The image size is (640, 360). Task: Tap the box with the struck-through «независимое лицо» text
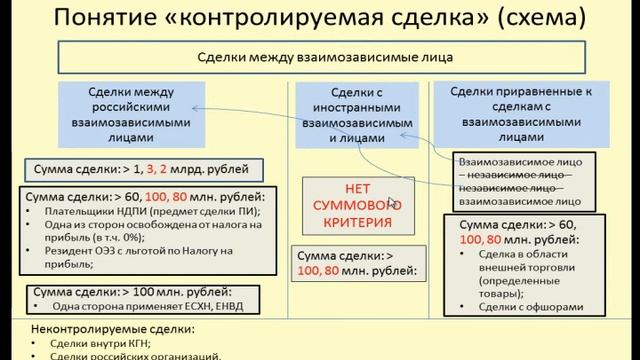(x=523, y=180)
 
